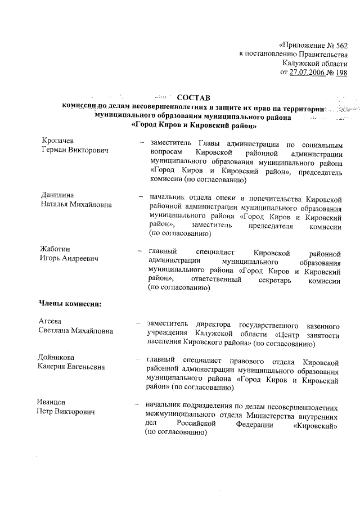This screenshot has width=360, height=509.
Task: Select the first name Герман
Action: coord(55,150)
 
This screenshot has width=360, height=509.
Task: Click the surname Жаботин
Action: coord(55,249)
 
